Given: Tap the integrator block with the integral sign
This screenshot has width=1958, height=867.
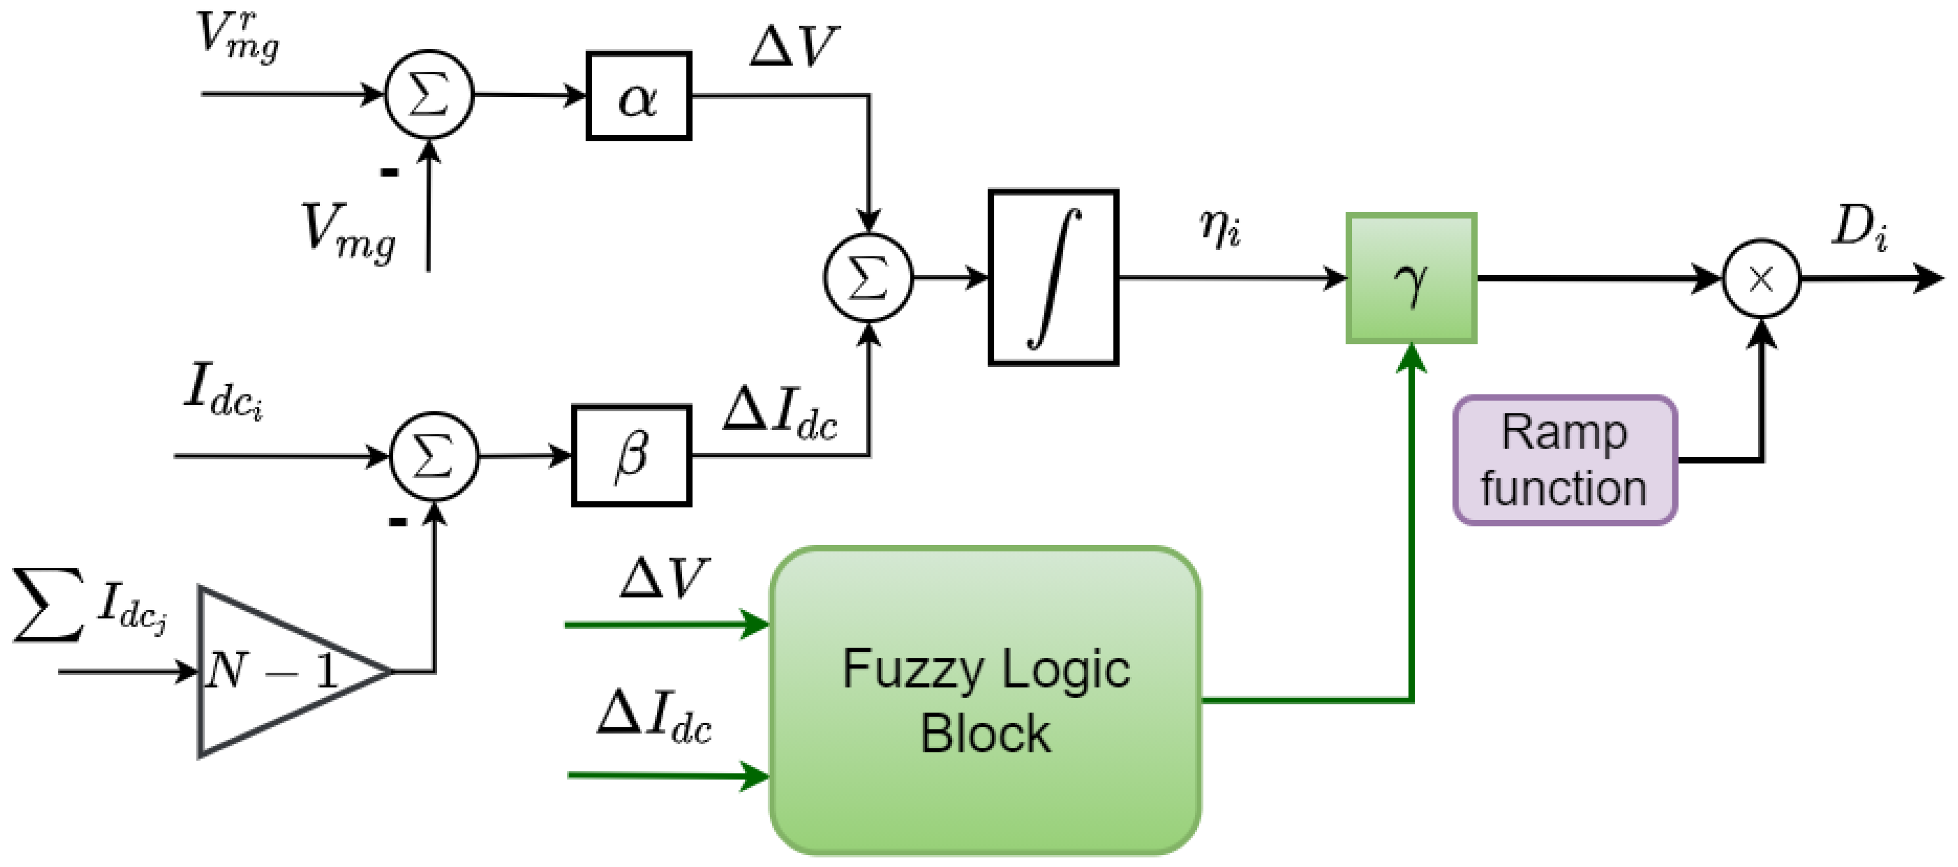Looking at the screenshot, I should pyautogui.click(x=1053, y=278).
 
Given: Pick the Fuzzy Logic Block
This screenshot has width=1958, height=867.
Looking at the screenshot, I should pyautogui.click(x=985, y=701).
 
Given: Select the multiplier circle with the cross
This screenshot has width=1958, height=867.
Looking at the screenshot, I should pyautogui.click(x=1760, y=279).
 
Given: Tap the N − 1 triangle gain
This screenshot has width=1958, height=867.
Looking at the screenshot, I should pyautogui.click(x=281, y=672).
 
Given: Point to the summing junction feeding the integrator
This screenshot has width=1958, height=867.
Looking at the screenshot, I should pyautogui.click(x=868, y=278).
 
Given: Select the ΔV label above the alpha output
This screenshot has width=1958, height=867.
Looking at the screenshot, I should pyautogui.click(x=794, y=47).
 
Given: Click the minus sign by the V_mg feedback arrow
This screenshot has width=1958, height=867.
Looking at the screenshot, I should pyautogui.click(x=389, y=172).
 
